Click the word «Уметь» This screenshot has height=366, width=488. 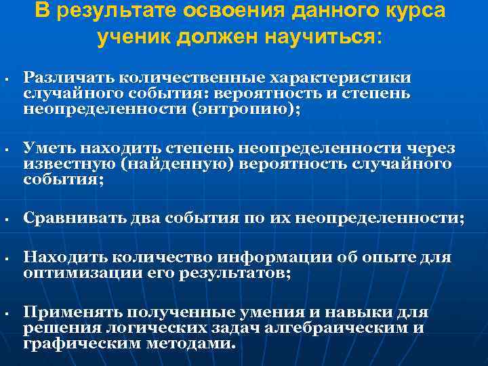[49, 148]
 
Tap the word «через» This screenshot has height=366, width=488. [433, 148]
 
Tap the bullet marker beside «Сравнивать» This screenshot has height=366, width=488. [5, 219]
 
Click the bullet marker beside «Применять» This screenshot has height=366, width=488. [5, 314]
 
